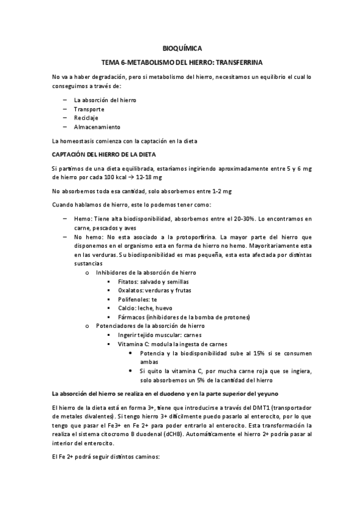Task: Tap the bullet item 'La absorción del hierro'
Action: (x=105, y=99)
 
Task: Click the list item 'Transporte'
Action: (x=89, y=108)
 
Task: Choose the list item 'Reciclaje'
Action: (x=86, y=117)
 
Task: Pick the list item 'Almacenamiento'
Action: (x=97, y=127)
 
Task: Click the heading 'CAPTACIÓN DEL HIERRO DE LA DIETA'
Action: (x=105, y=154)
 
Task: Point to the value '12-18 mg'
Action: (x=149, y=177)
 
